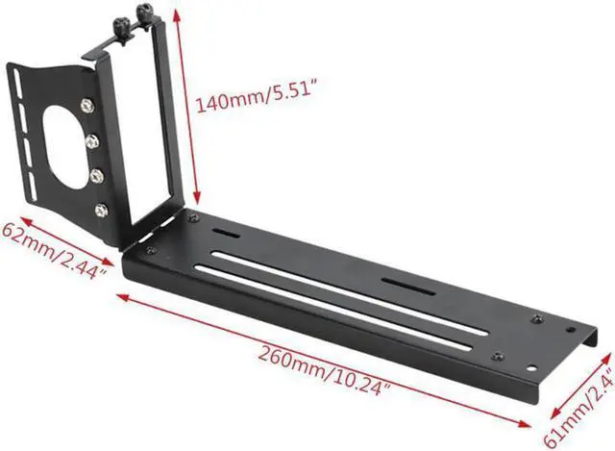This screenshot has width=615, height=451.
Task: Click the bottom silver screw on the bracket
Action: [100, 209]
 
